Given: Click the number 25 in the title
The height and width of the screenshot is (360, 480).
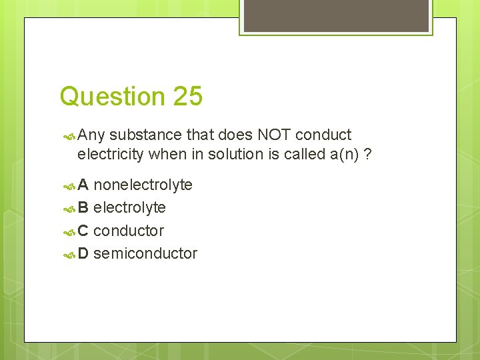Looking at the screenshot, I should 187,97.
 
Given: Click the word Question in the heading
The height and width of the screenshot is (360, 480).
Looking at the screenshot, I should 112,97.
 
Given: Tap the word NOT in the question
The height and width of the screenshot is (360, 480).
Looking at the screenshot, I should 273,135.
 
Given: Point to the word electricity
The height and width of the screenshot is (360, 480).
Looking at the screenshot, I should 110,155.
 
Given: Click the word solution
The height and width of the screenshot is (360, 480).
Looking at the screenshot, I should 234,155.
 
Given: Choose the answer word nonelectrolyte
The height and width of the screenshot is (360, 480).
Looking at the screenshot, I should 143,185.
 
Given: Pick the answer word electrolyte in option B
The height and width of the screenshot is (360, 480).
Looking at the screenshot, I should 129,208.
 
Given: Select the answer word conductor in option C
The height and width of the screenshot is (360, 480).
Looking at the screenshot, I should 128,231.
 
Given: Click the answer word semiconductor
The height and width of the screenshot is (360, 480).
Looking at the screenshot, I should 145,253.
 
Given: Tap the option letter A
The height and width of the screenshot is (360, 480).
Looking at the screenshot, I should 83,185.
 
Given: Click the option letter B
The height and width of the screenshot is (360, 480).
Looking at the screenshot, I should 83,208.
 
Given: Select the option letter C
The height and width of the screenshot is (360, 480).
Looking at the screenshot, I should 83,231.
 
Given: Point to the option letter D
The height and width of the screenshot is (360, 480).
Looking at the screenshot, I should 83,253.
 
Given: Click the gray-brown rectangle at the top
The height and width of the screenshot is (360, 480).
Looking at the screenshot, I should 336,16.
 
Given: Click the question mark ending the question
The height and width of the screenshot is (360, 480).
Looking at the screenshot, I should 367,155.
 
